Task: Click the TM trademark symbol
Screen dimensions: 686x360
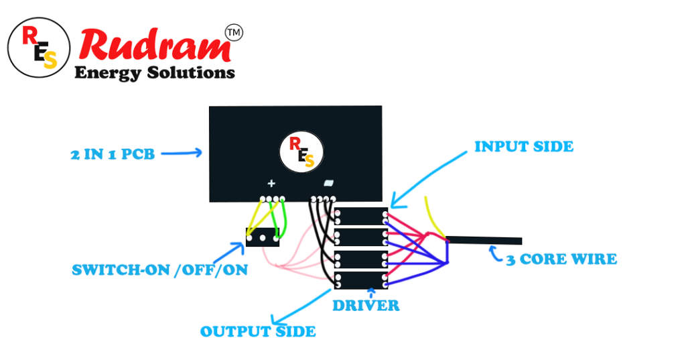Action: pos(234,33)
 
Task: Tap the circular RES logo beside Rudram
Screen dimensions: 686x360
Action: pos(39,48)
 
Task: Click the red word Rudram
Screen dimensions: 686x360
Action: pos(155,45)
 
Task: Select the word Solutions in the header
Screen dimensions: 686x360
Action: pos(191,72)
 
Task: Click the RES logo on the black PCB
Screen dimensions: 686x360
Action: pos(301,152)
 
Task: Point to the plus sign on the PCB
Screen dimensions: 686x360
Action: pos(271,183)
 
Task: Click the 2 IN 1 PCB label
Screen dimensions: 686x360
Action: pos(113,154)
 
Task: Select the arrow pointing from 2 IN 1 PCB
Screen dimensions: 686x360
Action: pos(182,153)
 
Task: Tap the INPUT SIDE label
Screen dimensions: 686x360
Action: pos(524,146)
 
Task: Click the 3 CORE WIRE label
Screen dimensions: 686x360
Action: pos(562,259)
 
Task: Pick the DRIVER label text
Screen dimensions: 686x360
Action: pos(366,305)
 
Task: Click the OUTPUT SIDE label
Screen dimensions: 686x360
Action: pos(258,332)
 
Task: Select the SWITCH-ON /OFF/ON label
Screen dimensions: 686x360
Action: pos(159,269)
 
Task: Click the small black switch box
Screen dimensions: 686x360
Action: pos(263,237)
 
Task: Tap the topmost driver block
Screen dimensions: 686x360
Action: pos(360,217)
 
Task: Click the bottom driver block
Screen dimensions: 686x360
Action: pos(360,280)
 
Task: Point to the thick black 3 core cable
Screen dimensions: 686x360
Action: pos(484,240)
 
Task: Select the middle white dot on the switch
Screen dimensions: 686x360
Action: pos(263,238)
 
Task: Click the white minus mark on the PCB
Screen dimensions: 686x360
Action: pos(328,183)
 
